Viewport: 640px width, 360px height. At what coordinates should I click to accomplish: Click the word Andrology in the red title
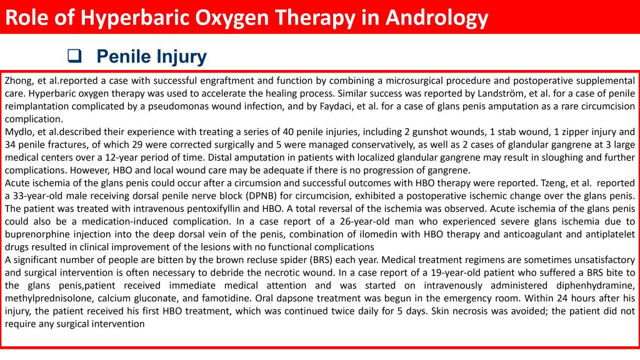(x=437, y=18)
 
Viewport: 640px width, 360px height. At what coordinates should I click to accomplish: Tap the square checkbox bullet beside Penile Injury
(x=74, y=56)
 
